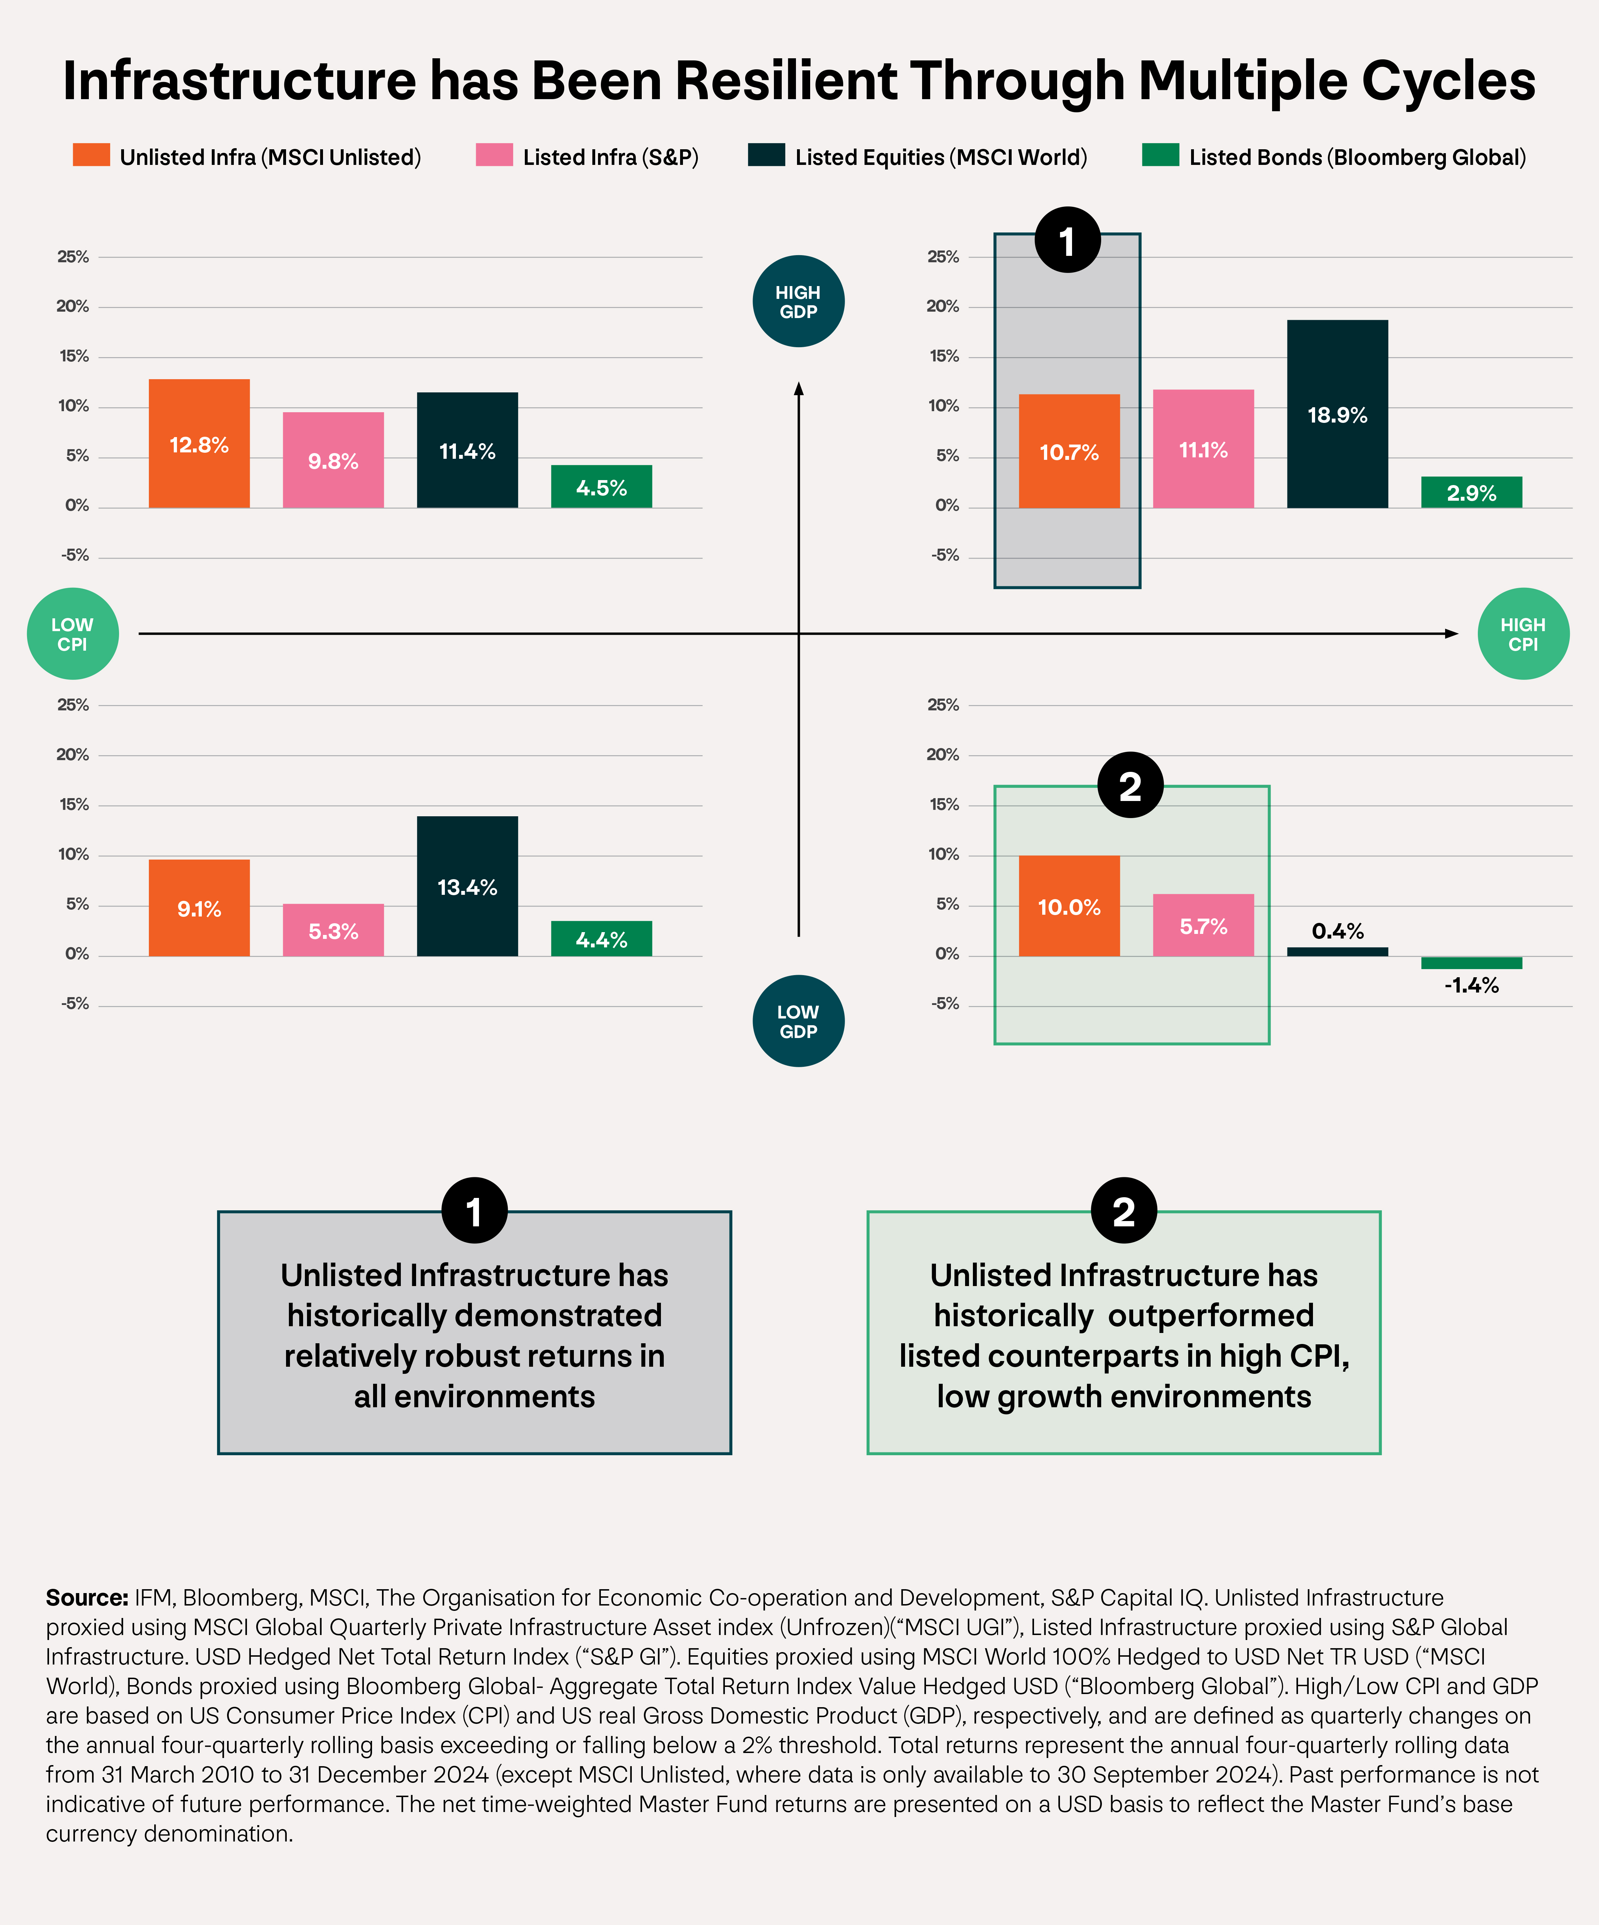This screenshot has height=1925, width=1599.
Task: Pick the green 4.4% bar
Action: point(601,939)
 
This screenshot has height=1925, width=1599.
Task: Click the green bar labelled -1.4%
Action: point(1471,962)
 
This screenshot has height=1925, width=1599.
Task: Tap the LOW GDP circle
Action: point(798,1020)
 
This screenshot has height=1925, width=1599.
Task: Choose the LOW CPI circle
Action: point(72,633)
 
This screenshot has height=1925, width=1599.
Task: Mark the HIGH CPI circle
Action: point(1523,633)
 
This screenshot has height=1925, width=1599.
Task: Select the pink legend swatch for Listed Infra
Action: point(494,155)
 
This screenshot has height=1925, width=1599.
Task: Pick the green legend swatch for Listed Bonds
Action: point(1160,155)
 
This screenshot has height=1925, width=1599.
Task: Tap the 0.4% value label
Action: point(1337,931)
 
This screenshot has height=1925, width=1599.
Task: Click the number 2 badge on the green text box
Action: point(1124,1211)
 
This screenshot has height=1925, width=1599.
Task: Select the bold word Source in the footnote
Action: point(86,1598)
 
